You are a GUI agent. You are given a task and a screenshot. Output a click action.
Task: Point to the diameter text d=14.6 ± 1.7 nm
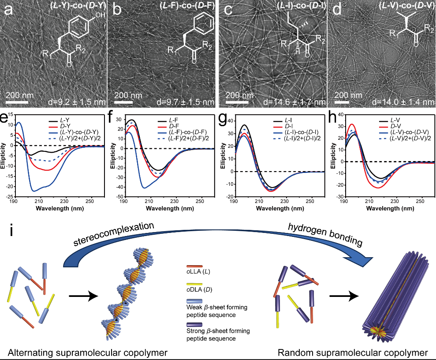click(x=294, y=103)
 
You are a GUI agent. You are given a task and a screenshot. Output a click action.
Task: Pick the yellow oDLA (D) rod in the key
click(x=194, y=284)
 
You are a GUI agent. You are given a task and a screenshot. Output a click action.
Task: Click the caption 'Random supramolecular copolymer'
click(x=353, y=352)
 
